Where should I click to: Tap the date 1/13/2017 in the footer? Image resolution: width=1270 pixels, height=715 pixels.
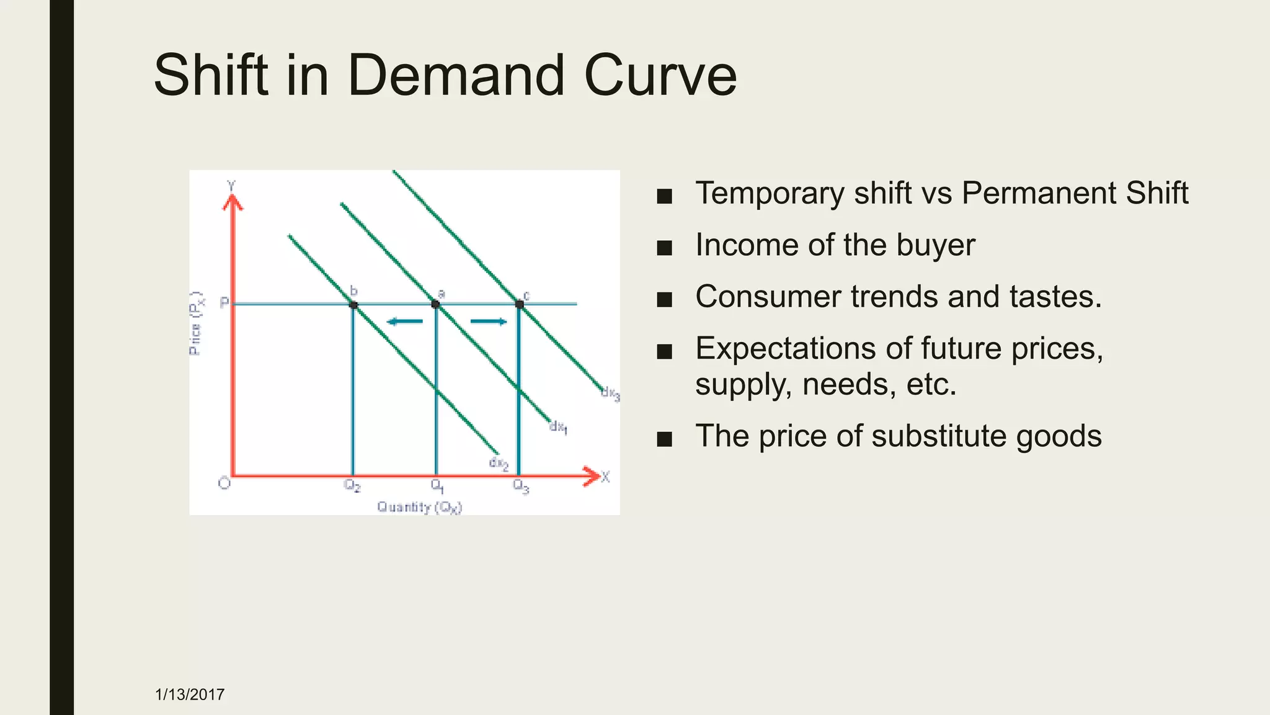[190, 695]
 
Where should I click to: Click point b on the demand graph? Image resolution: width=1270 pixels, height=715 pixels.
[353, 305]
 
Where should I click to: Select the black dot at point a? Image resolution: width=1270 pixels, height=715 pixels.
[435, 304]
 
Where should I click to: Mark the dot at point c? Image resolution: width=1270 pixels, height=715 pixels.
[520, 304]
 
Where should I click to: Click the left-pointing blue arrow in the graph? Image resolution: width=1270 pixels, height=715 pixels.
[404, 322]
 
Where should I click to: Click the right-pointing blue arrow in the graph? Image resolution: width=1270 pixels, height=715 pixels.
[489, 322]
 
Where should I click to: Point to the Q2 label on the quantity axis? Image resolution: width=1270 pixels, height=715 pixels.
[352, 485]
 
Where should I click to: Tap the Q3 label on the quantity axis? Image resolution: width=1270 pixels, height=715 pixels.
[521, 486]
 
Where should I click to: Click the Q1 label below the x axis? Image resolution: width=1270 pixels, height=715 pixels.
[437, 485]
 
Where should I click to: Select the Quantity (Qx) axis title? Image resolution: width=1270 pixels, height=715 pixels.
[420, 507]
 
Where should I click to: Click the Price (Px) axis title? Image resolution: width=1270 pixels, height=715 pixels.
[196, 323]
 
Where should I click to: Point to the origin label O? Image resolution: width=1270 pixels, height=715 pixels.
[224, 483]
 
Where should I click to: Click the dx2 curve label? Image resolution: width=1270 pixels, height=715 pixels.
[499, 464]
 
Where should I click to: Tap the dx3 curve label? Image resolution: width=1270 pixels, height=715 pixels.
[610, 393]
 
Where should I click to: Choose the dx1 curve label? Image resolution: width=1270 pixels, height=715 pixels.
[558, 427]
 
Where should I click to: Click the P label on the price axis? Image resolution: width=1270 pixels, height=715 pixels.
[224, 303]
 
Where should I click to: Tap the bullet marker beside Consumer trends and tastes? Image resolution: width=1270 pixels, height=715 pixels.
[664, 300]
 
